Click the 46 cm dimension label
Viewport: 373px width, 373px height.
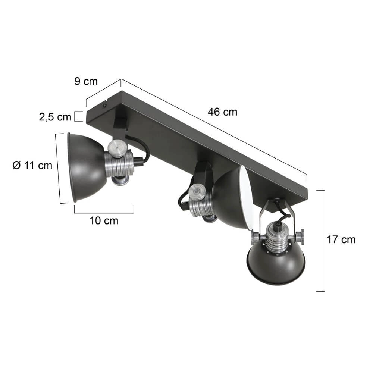pos(223,112)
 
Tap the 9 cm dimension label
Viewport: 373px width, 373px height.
pos(85,81)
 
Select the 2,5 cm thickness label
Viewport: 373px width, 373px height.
pos(55,117)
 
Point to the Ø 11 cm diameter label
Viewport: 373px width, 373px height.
pos(32,165)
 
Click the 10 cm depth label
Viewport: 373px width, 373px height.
pos(104,221)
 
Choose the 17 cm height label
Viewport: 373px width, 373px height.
pos(341,239)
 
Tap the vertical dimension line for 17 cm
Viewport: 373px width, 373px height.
pos(324,241)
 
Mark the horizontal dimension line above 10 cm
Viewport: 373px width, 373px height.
pos(104,213)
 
